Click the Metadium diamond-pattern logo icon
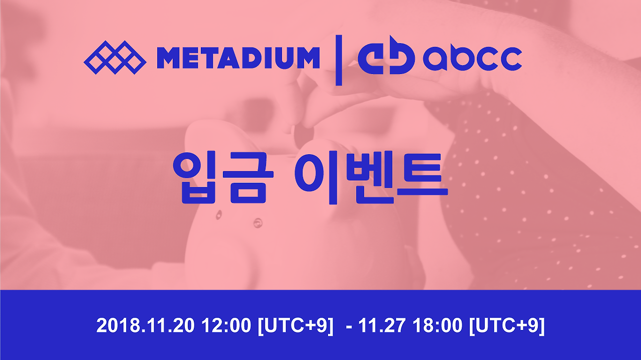(x=115, y=57)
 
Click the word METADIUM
(x=238, y=58)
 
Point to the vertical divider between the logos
(x=339, y=60)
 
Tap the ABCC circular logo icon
(x=386, y=59)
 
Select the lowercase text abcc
(x=472, y=59)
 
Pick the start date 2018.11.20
(x=146, y=326)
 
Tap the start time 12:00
(x=226, y=326)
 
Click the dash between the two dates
(x=349, y=326)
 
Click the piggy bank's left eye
(x=219, y=216)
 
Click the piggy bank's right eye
(x=257, y=221)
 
